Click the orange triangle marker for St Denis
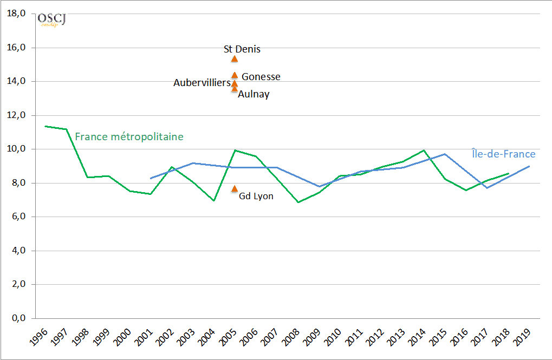coord(235,59)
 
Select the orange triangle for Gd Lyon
coord(235,189)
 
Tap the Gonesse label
coord(261,77)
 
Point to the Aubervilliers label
coord(202,83)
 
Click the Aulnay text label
coord(254,94)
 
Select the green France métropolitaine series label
coord(129,136)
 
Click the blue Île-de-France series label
coord(503,154)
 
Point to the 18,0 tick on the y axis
coord(16,14)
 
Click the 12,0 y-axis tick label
coord(16,115)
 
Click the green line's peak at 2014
coord(424,150)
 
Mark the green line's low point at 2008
coord(297,202)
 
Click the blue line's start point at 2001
coord(150,178)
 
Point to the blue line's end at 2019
coord(529,166)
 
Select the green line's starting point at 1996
coord(45,126)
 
